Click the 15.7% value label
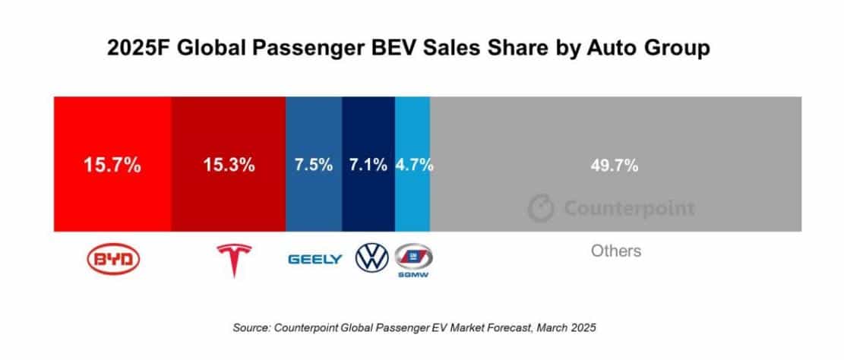pyautogui.click(x=112, y=165)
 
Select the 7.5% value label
pyautogui.click(x=314, y=165)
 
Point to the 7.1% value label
pyautogui.click(x=368, y=165)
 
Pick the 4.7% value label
pyautogui.click(x=414, y=165)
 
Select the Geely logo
pyautogui.click(x=315, y=260)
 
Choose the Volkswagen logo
pyautogui.click(x=371, y=259)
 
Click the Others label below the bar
pyautogui.click(x=616, y=251)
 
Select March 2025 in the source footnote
pyautogui.click(x=570, y=328)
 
